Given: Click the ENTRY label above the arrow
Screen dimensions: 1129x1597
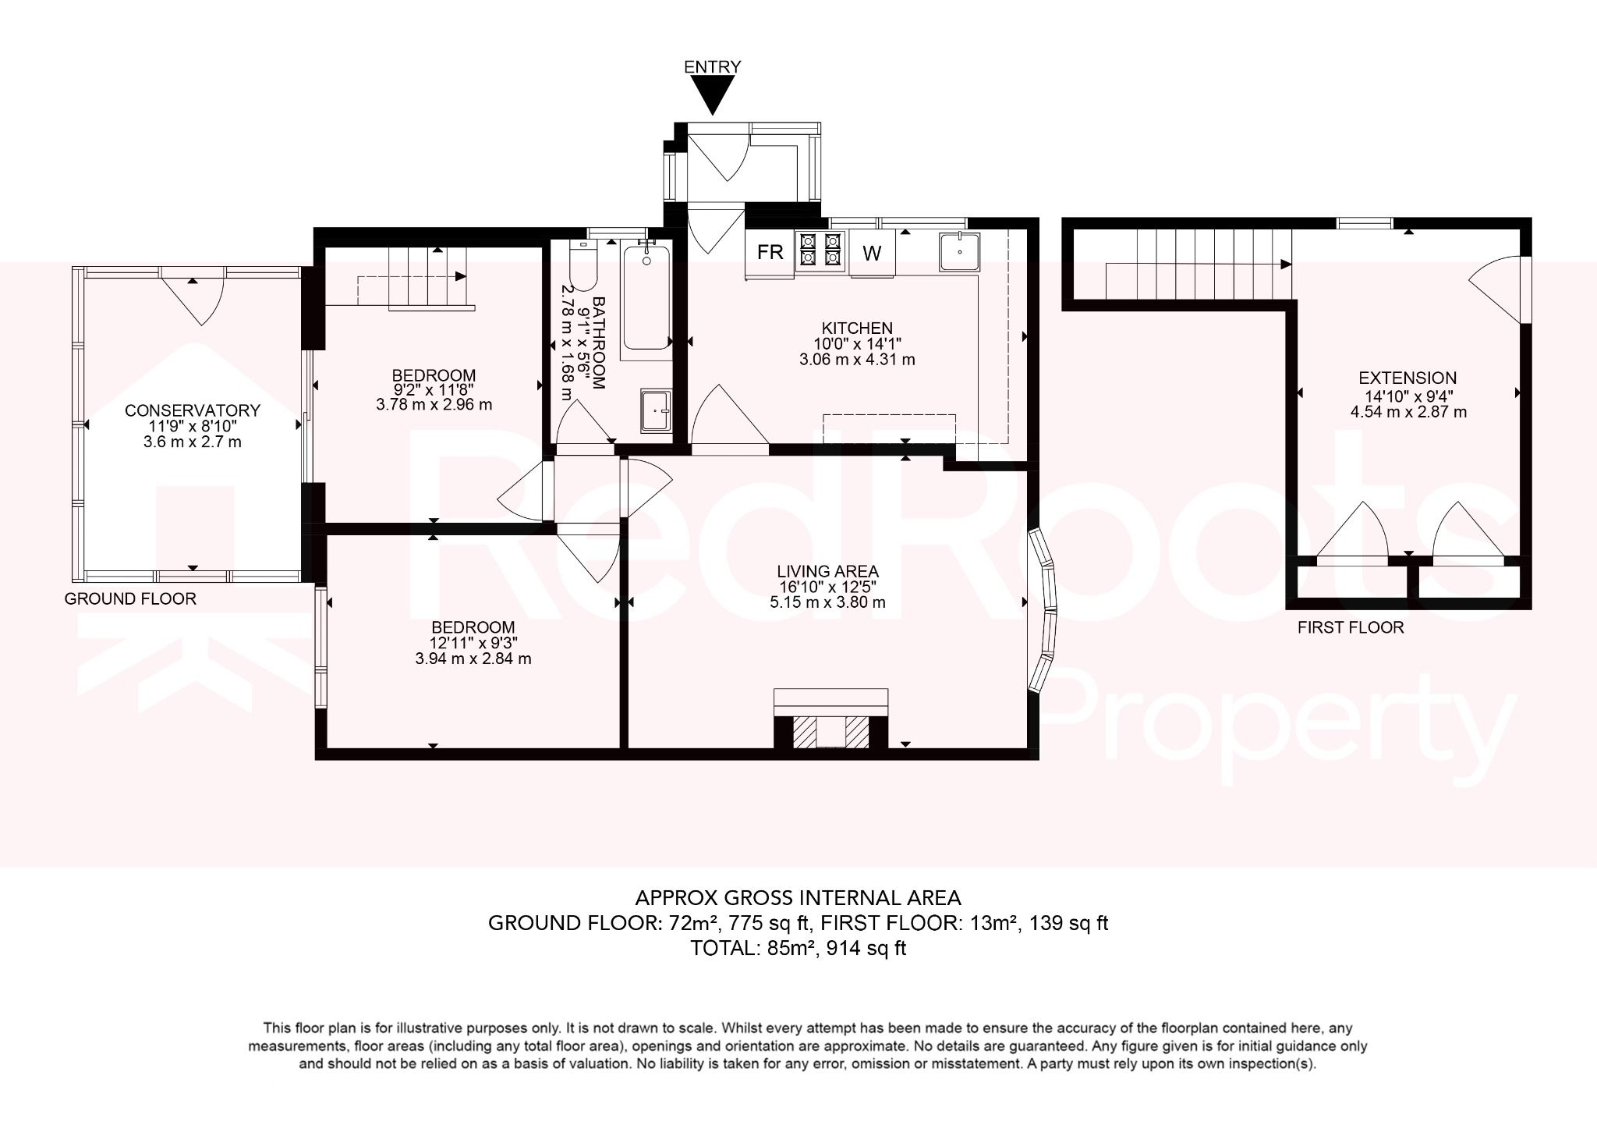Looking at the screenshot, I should pos(712,67).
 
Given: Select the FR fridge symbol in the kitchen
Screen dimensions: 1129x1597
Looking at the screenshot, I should pos(770,252).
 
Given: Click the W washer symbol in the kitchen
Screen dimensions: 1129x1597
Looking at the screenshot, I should pos(872,253).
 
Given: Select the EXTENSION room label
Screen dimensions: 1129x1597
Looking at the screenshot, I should pos(1408,378).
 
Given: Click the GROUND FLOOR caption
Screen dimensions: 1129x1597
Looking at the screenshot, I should pos(130,599).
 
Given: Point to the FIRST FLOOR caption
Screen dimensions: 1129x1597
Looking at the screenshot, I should pos(1351,627).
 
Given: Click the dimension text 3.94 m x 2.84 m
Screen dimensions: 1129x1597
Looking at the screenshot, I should pos(473,659).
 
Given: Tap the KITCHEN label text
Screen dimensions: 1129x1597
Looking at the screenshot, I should pos(857,328).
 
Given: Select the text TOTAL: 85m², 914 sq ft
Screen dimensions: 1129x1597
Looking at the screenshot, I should pos(798,949).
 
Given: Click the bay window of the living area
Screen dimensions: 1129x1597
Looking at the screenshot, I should pos(1045,611).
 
